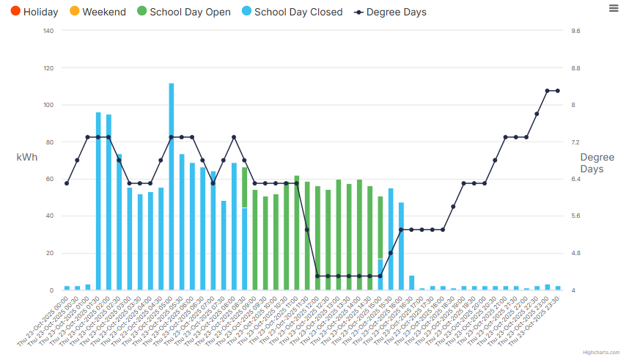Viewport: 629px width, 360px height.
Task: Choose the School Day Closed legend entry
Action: click(x=291, y=12)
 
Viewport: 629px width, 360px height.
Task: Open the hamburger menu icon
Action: click(x=613, y=7)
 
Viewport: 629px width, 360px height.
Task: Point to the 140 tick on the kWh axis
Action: click(x=48, y=31)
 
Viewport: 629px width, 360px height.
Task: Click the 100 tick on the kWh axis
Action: click(x=48, y=105)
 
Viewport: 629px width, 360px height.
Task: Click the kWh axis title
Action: click(x=26, y=157)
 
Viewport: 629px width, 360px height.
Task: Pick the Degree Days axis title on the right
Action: click(x=597, y=163)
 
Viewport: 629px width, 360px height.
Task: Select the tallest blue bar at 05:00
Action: click(x=172, y=186)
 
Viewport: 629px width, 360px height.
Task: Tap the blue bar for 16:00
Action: click(x=391, y=239)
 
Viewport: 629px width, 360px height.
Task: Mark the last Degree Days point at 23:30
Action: click(x=558, y=91)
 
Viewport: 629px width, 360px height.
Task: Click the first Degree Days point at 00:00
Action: click(x=67, y=183)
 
